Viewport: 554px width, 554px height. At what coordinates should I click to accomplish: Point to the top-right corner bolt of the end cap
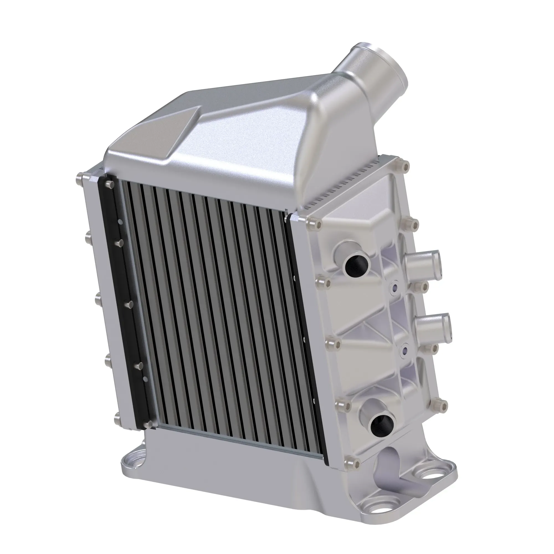click(x=405, y=166)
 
